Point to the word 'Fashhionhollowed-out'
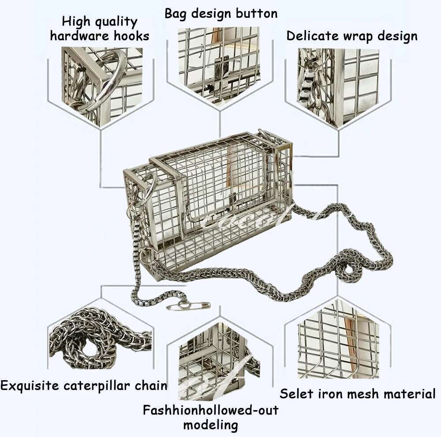pos(210,411)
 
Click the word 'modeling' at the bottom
pos(210,426)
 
